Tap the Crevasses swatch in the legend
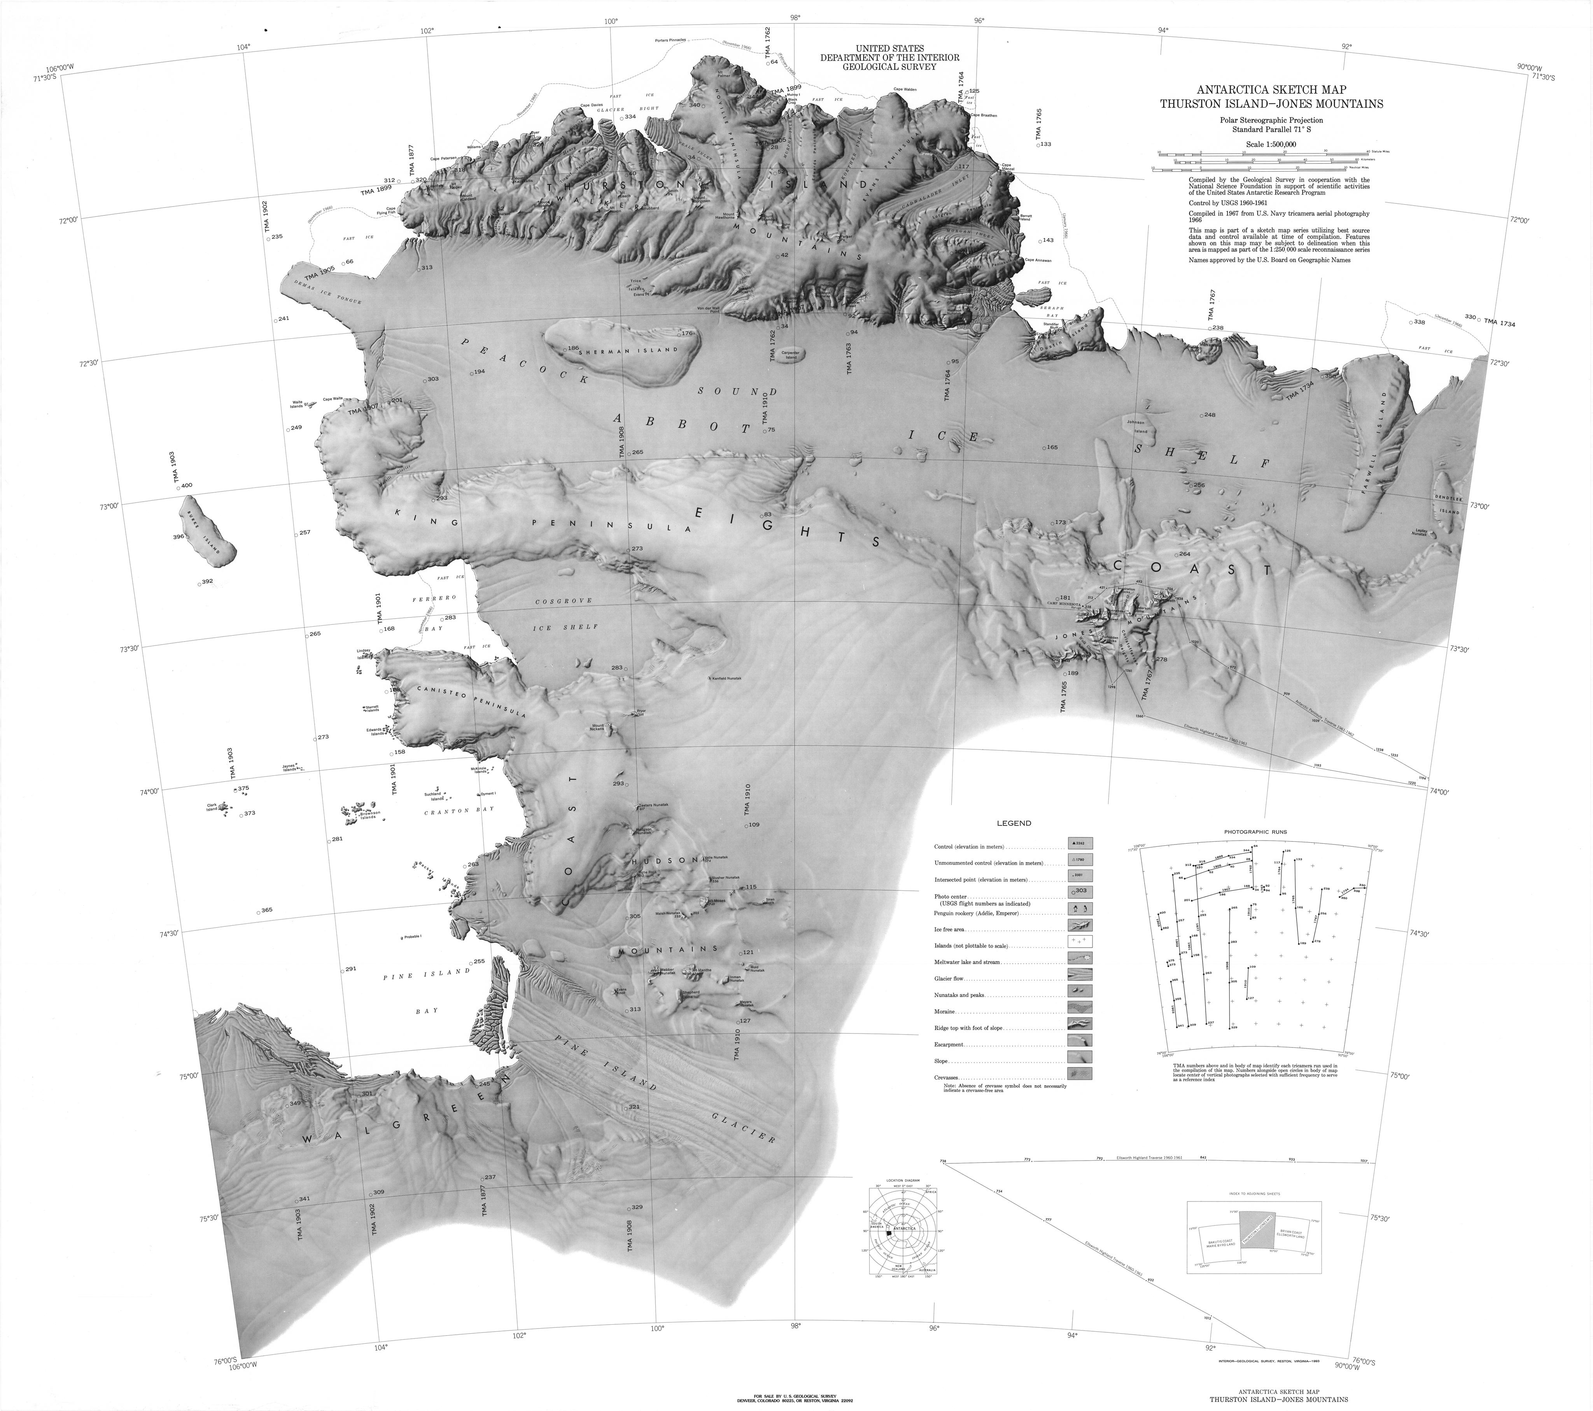(x=1080, y=1074)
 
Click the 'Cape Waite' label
(x=333, y=398)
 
